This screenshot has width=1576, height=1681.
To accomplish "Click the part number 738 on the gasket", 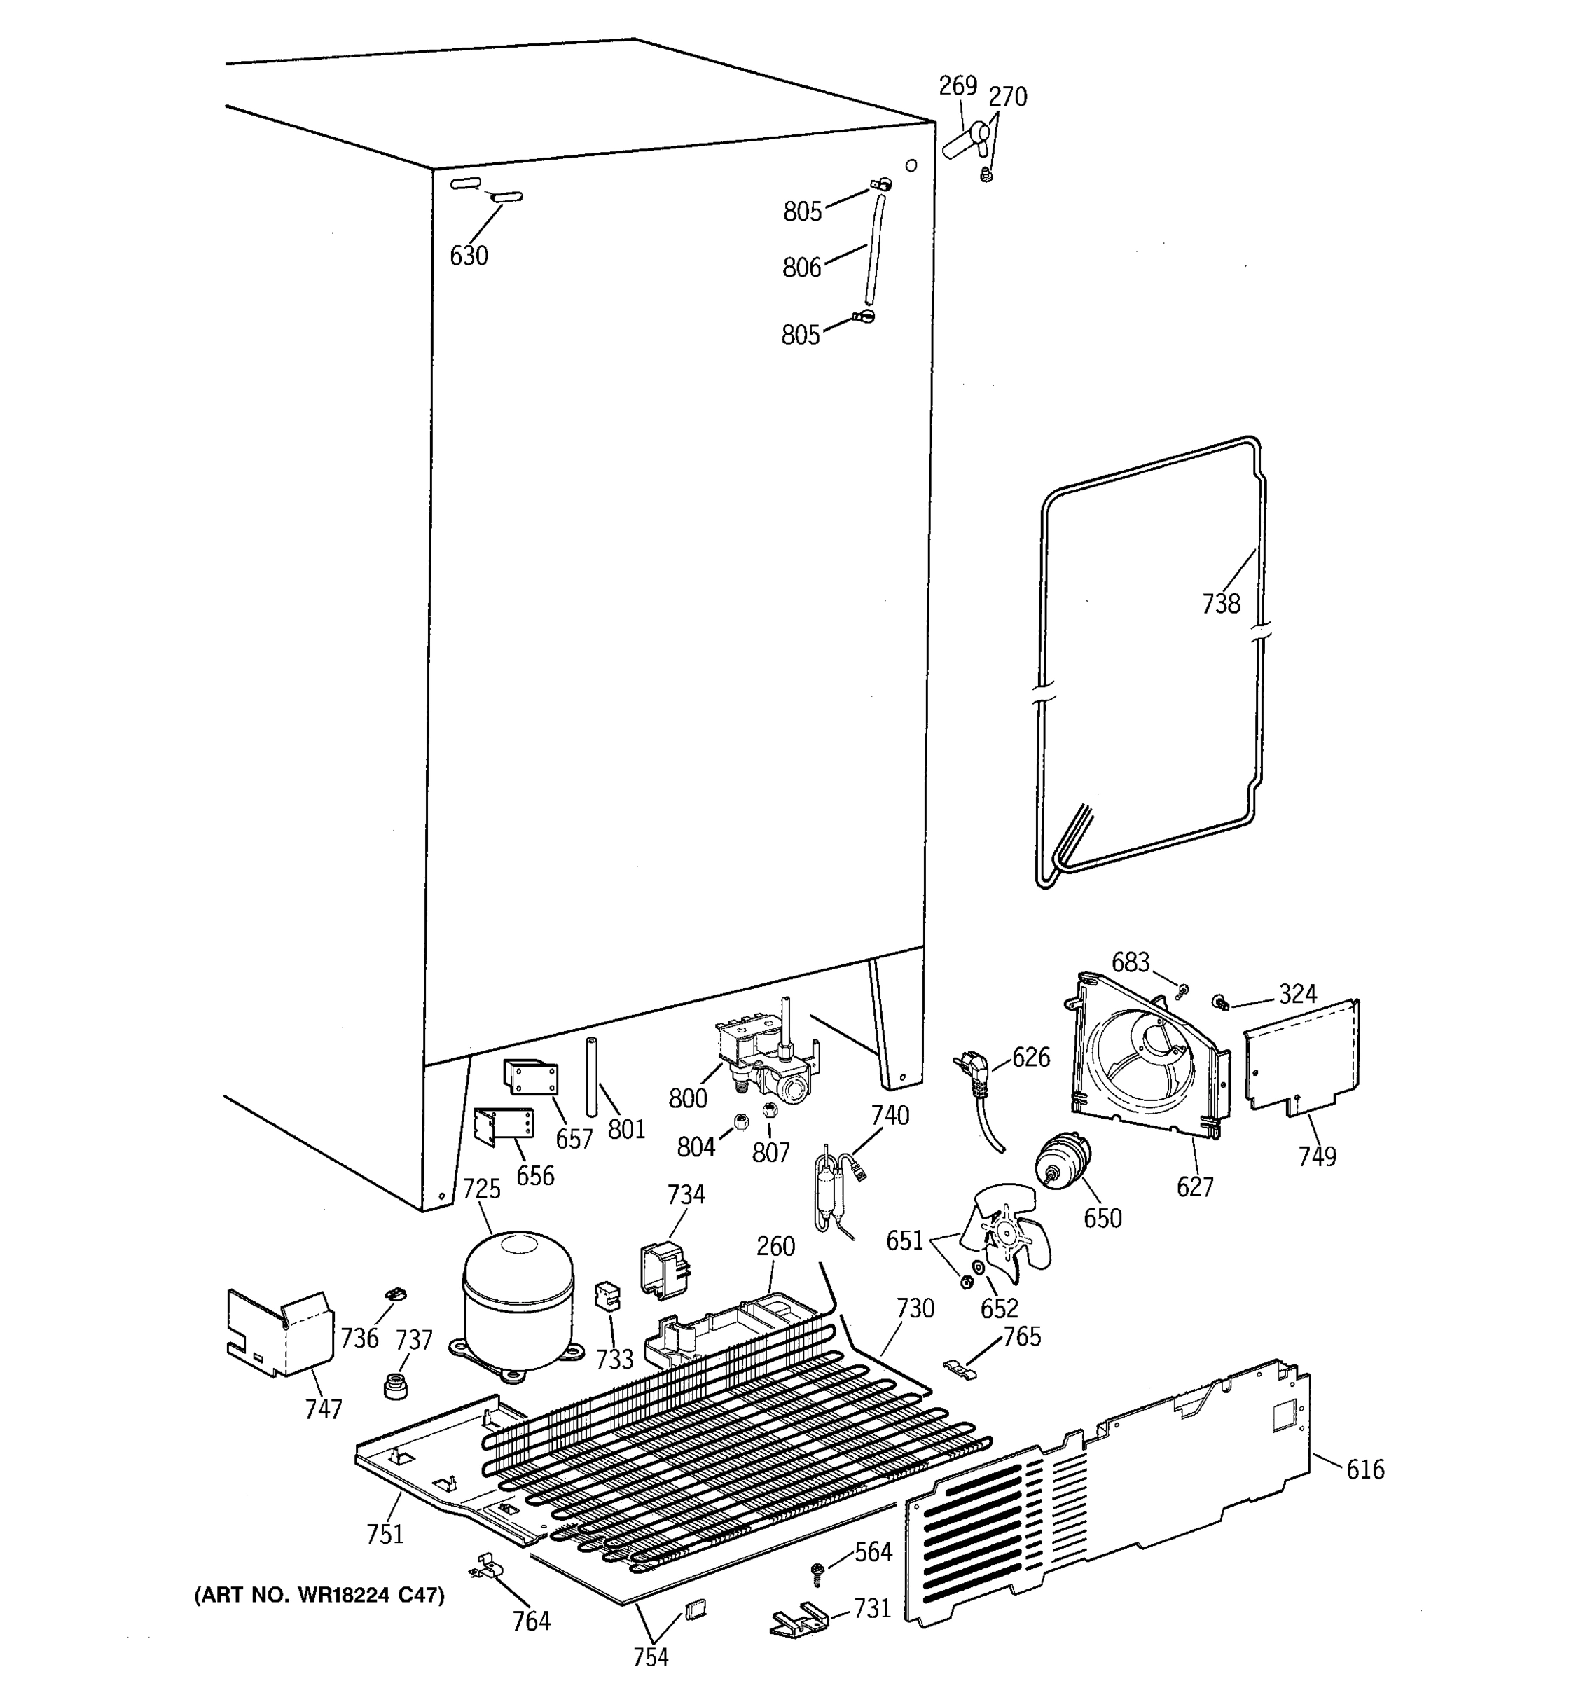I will [1221, 604].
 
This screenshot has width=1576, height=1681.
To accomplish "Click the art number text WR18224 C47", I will [319, 1595].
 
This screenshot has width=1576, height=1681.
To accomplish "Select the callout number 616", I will [1364, 1469].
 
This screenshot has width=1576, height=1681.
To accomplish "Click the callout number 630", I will [469, 256].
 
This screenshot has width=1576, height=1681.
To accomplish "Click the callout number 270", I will [1008, 97].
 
